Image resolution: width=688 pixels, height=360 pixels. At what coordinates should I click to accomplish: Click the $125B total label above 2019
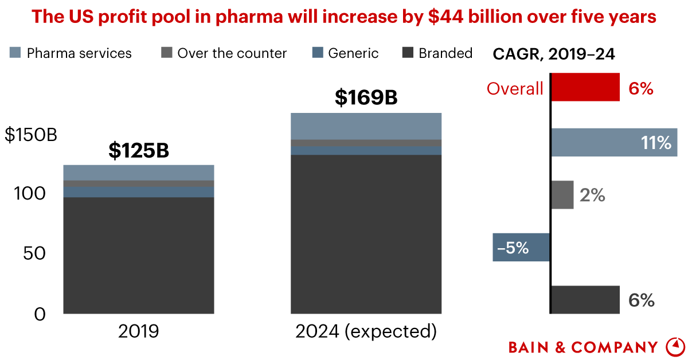coord(138,151)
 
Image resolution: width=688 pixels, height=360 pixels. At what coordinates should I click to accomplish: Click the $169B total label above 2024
coord(366,98)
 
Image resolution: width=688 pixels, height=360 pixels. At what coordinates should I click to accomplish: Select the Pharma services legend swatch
coord(15,53)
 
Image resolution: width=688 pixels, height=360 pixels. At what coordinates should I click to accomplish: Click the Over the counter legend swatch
coord(167,53)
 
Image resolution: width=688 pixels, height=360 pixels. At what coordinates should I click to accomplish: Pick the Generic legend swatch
coord(318,53)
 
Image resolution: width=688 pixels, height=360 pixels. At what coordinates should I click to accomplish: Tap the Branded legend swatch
coord(408,53)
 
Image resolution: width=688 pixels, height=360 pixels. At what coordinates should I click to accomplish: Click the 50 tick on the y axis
coord(34,253)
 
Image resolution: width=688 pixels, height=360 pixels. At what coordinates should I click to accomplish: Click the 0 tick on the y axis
coord(40,314)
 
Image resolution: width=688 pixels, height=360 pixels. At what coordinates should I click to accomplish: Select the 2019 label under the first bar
coord(138,331)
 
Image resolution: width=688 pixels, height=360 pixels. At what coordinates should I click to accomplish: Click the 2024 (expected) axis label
coord(366,331)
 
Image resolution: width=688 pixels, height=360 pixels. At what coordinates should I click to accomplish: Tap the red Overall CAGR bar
coord(585,87)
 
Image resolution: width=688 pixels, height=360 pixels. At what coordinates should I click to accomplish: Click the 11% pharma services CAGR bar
coord(613,142)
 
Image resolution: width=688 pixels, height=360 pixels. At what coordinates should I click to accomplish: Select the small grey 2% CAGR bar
coord(562,195)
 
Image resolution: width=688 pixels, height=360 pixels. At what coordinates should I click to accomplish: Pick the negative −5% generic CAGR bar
coord(521,248)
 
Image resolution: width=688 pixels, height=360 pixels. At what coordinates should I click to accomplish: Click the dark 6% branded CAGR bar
coord(585,300)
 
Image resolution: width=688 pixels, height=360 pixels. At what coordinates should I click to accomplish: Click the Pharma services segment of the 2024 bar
coord(366,126)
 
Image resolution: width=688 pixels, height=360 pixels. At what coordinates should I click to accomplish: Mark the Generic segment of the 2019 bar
coord(138,191)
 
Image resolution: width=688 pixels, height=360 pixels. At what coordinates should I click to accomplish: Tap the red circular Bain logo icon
coord(675,346)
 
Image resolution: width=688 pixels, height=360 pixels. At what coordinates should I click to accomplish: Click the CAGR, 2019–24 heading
coord(554,54)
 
